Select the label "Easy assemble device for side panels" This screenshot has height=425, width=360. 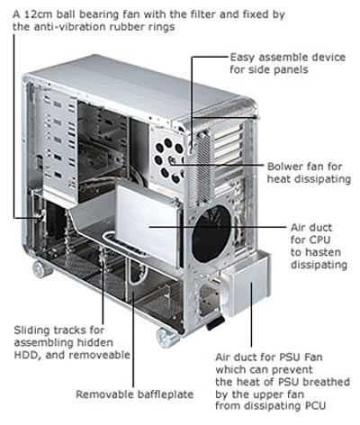[x=288, y=63]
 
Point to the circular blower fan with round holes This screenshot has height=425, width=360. [x=169, y=160]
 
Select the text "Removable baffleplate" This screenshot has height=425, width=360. [x=135, y=394]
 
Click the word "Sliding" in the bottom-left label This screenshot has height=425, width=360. [x=31, y=330]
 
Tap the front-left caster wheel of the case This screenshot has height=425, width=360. [x=41, y=269]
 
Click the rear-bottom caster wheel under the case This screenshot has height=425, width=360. [x=166, y=338]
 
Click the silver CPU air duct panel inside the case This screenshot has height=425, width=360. [x=148, y=223]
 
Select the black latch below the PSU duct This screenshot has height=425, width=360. [x=215, y=323]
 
